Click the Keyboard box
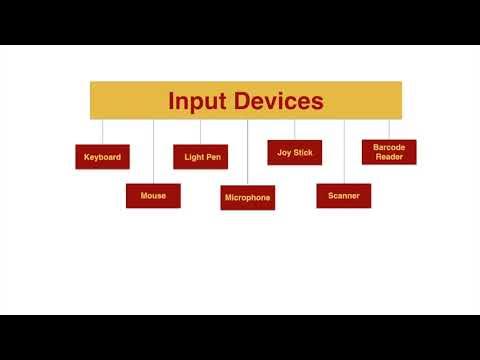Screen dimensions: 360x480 (102, 157)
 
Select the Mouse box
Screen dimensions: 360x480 (153, 196)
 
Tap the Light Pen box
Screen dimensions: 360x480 (202, 157)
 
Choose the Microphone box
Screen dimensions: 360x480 (247, 197)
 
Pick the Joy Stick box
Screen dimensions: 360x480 (295, 152)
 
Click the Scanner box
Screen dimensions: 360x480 (344, 196)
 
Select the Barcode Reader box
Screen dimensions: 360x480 (389, 152)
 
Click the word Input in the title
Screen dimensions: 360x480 (196, 101)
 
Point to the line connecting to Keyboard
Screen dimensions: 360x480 (103, 132)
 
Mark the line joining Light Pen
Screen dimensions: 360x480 (200, 132)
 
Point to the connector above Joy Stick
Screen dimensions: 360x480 (295, 130)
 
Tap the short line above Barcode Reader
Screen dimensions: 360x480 (389, 129)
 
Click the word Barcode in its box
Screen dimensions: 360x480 (389, 147)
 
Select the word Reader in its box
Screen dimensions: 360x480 (389, 157)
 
